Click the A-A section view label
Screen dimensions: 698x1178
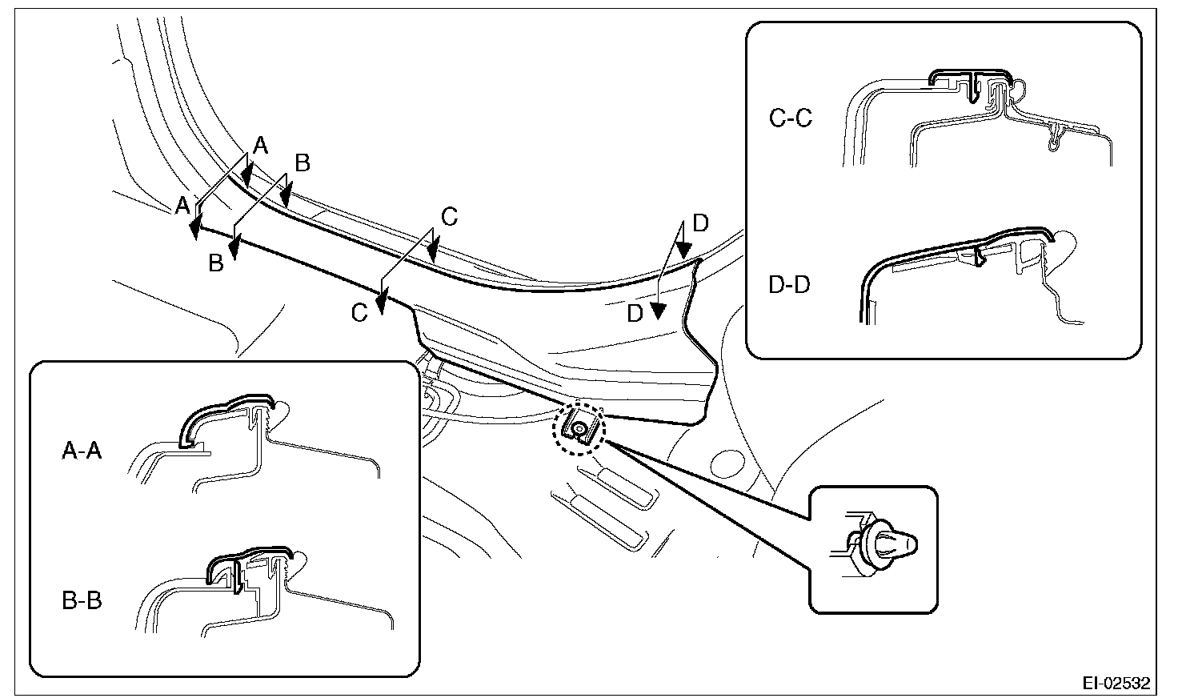82,452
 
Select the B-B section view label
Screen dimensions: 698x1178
82,600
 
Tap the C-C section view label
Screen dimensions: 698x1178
790,118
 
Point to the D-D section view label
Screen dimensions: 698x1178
790,284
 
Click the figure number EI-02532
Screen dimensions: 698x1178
1116,684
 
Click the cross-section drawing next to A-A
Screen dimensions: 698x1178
256,440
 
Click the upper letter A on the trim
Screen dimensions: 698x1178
261,145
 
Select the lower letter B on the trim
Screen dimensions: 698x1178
216,263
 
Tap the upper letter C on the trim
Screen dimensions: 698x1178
449,216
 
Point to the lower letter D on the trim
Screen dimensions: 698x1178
635,314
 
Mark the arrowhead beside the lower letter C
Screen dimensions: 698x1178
382,303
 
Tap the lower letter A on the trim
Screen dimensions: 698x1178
183,205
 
